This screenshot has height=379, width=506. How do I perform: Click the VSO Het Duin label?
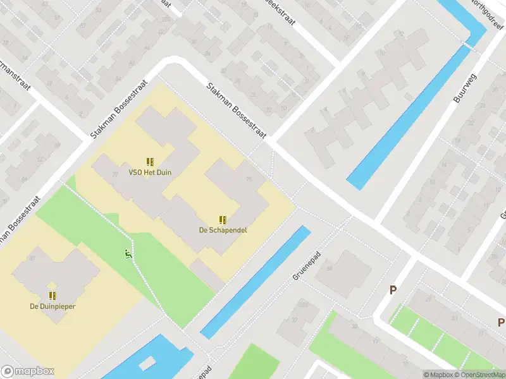coord(150,172)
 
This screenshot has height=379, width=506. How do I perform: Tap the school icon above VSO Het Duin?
coord(150,162)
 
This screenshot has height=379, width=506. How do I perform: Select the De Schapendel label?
coord(223,230)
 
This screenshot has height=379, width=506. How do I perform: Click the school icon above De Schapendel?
coord(223,220)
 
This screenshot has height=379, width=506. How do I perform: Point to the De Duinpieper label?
coord(52,306)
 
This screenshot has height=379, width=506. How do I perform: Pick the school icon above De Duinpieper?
coord(52,296)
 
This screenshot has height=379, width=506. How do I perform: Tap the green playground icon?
coord(128,255)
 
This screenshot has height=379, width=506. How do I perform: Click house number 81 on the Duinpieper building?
coord(32,259)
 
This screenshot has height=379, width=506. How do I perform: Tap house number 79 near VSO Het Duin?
coord(114,174)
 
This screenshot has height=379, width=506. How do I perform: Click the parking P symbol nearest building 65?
coord(393,291)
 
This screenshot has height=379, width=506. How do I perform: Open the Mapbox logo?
coord(27,371)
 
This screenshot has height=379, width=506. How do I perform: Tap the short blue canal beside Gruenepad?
coord(256,282)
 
